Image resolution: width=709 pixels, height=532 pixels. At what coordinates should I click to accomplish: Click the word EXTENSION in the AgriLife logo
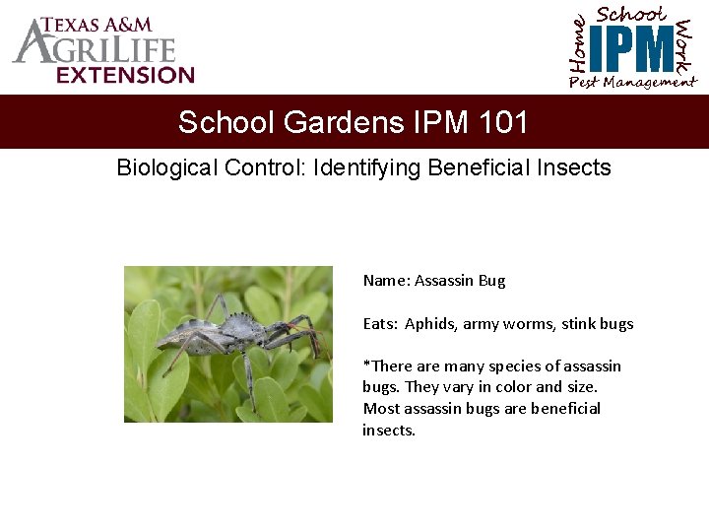pyautogui.click(x=125, y=75)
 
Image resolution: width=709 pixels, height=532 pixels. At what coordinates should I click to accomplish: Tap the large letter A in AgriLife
pyautogui.click(x=32, y=44)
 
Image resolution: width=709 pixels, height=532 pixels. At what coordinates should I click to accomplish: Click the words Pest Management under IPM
pyautogui.click(x=632, y=83)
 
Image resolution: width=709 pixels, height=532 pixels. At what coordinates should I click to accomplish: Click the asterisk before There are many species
pyautogui.click(x=366, y=365)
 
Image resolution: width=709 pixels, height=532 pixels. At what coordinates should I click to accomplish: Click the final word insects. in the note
pyautogui.click(x=389, y=431)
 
